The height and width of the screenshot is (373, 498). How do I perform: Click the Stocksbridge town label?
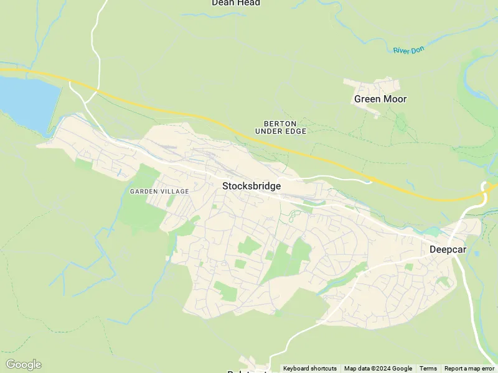point(251,186)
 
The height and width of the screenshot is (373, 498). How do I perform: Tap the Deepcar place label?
point(448,249)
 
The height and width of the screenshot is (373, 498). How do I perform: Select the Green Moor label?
point(380,99)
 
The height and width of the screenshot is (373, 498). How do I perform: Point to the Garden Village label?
point(159,191)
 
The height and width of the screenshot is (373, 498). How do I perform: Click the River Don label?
point(408,50)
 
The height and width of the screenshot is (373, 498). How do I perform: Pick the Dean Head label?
point(235,3)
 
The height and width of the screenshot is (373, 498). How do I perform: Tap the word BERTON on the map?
point(280,124)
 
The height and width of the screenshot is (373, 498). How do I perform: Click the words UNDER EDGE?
point(281,131)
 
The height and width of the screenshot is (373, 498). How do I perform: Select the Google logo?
point(23,364)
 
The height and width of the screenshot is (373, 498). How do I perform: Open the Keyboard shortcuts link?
point(309,369)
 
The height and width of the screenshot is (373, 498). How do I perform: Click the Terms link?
point(428,369)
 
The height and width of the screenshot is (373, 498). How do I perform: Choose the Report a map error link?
point(469,369)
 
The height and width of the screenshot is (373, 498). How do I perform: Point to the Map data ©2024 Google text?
point(378,369)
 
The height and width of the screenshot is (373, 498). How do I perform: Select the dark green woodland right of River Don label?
point(476,87)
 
